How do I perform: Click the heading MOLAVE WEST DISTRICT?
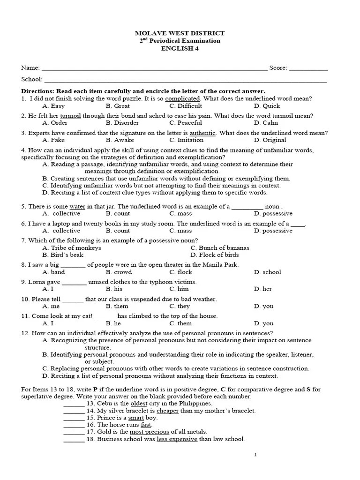[180, 33]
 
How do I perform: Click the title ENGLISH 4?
[180, 48]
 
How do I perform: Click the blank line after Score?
[308, 68]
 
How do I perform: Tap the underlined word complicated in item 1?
[183, 99]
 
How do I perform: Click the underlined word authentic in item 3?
[202, 133]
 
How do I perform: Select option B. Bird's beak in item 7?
[62, 255]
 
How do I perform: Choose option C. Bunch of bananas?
[220, 248]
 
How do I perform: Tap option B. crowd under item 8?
[119, 272]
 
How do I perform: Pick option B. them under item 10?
[117, 307]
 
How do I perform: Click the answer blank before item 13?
[74, 404]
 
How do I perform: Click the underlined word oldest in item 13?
[139, 404]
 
